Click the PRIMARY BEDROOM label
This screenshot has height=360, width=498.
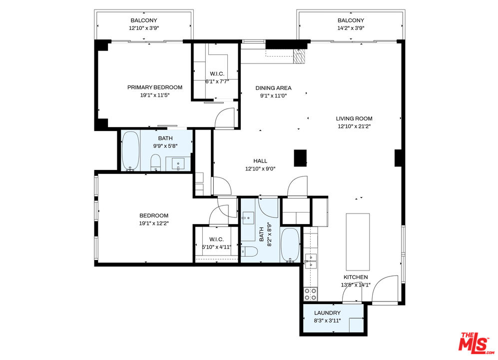tap(155, 87)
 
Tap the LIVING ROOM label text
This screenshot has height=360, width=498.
tap(354, 118)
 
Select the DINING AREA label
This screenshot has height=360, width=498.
tap(273, 88)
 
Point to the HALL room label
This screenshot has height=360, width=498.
tap(260, 161)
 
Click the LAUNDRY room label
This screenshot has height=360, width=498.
tap(327, 313)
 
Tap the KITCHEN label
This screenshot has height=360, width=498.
tap(356, 277)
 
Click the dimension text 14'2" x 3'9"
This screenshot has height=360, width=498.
tap(351, 28)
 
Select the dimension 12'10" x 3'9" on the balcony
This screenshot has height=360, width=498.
tap(144, 28)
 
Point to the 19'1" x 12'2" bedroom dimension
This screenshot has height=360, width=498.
tap(154, 223)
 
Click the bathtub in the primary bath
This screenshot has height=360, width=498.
tap(130, 150)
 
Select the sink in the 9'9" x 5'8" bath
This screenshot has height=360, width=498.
tap(178, 164)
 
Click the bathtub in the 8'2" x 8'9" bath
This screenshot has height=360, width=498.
tap(290, 245)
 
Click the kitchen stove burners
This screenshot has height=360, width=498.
tap(310, 294)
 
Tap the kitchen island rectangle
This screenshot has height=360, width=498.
tap(358, 241)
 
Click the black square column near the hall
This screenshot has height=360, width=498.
tap(300, 158)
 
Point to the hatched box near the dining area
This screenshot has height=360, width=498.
tap(299, 56)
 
